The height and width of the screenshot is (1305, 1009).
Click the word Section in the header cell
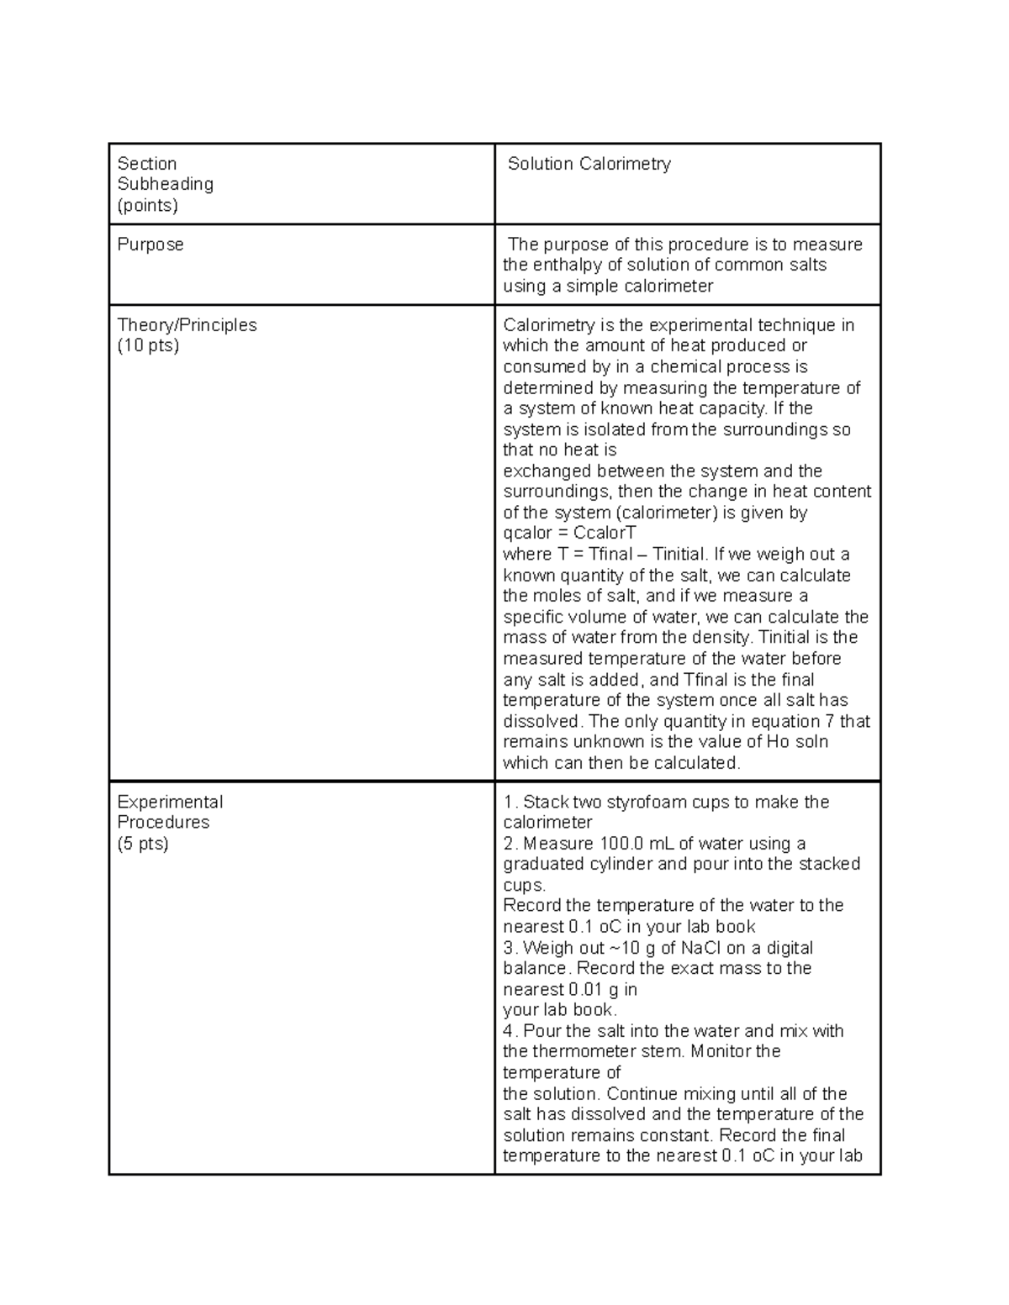pyautogui.click(x=147, y=164)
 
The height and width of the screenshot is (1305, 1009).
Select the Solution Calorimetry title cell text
pyautogui.click(x=589, y=164)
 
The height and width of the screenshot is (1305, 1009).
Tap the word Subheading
pyautogui.click(x=166, y=184)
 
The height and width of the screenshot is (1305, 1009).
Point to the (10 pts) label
pyautogui.click(x=148, y=345)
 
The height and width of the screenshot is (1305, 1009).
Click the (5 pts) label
pyautogui.click(x=143, y=844)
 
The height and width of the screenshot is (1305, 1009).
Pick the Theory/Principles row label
pyautogui.click(x=188, y=325)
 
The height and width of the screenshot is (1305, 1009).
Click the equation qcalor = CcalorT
pyautogui.click(x=569, y=534)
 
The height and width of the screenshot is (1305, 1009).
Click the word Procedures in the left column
pyautogui.click(x=163, y=823)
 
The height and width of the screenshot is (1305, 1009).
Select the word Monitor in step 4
pyautogui.click(x=721, y=1052)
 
